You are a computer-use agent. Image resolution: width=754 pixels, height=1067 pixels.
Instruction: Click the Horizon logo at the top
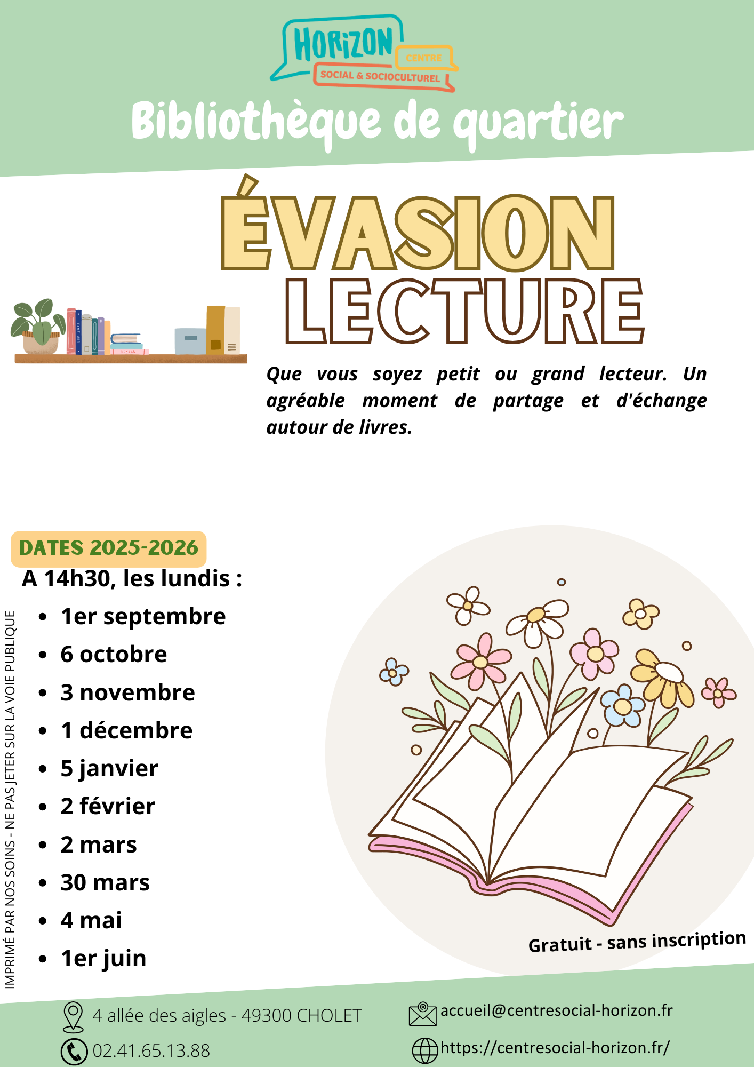tap(364, 53)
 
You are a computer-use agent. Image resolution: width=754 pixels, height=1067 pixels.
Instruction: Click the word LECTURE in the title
tap(465, 310)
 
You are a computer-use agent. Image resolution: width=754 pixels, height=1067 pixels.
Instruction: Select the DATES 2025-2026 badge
tap(108, 548)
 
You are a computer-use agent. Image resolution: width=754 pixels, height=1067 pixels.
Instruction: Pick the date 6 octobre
tap(114, 654)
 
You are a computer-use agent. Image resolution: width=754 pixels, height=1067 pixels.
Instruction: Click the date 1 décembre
tap(126, 730)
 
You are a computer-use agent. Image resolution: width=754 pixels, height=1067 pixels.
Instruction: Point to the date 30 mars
tap(105, 882)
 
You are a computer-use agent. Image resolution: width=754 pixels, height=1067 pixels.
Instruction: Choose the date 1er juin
tap(103, 959)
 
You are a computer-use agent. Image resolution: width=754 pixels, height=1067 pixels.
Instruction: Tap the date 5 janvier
tap(109, 769)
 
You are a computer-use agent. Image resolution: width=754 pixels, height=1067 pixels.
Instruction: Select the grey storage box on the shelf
tap(190, 341)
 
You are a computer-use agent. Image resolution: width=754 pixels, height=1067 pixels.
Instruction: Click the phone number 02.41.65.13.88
tap(151, 1051)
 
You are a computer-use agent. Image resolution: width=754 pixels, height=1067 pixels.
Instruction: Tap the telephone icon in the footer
tap(74, 1052)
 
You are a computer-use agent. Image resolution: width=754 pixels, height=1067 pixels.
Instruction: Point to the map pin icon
tap(73, 1016)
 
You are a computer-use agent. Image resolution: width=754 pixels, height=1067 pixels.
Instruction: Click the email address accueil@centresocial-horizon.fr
tap(557, 1010)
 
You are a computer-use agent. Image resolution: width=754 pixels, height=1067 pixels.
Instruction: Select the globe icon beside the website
tap(426, 1050)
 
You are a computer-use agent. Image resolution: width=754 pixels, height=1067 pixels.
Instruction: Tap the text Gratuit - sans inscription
tap(637, 942)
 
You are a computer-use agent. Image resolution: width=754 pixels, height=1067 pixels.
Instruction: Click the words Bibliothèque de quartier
tap(378, 122)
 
